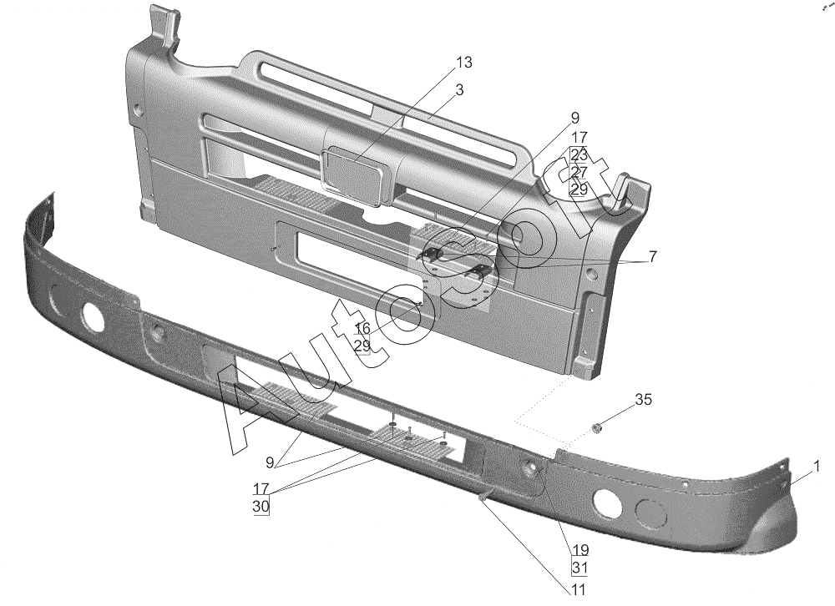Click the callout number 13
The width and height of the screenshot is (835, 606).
point(464,63)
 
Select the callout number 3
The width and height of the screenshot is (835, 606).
point(460,89)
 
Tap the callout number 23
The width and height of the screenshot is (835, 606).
point(579,154)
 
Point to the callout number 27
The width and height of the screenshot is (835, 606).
point(579,172)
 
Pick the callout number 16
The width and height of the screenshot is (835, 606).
point(362,328)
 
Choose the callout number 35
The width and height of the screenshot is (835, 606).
point(643,400)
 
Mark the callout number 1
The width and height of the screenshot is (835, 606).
point(817,466)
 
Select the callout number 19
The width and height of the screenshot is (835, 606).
point(579,550)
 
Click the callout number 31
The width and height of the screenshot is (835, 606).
point(579,568)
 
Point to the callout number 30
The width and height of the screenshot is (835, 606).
point(261,506)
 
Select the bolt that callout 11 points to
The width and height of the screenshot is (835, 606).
point(484,497)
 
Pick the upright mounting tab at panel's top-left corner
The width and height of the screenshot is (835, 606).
point(163,25)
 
